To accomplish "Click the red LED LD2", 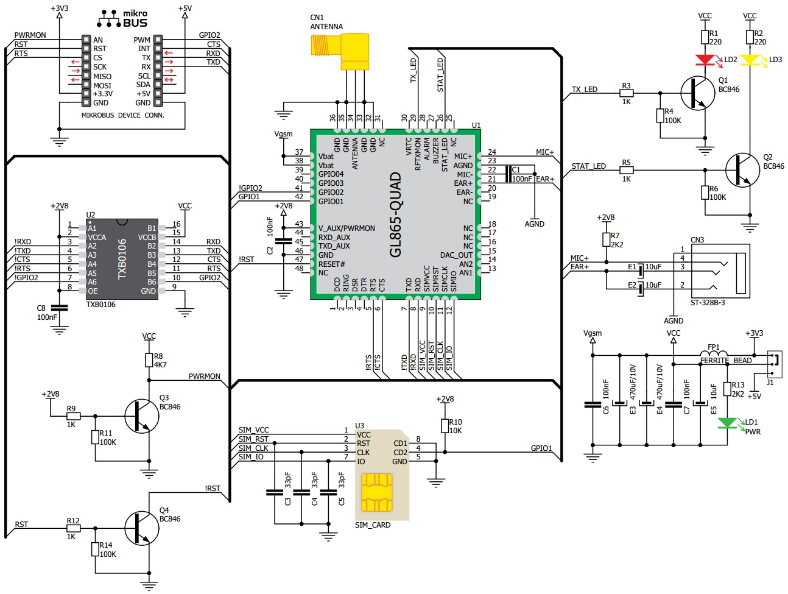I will (705, 60).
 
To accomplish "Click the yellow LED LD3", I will (750, 60).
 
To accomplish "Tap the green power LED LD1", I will (727, 423).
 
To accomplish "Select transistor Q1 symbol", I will (698, 93).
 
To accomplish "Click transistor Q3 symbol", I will (141, 416).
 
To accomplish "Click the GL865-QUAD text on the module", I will (396, 214).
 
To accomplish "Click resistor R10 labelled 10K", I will (445, 426).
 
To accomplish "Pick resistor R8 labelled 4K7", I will (149, 360).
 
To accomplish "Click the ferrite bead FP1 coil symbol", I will (714, 354).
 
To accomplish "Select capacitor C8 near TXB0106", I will (59, 307).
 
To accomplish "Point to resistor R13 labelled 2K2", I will (727, 389).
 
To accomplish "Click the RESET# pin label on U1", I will (331, 264).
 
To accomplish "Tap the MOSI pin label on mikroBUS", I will (102, 85).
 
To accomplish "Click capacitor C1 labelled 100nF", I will (507, 174).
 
